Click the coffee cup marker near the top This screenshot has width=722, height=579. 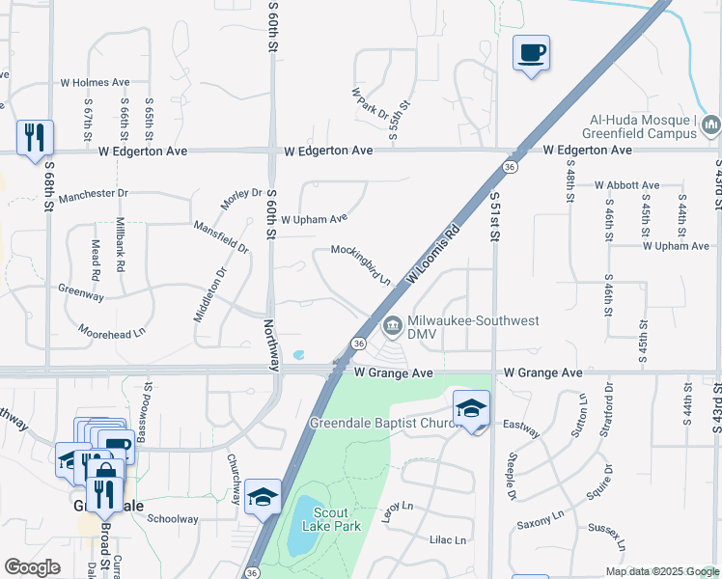(x=531, y=52)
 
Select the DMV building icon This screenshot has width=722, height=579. (x=393, y=325)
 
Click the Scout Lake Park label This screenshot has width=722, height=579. (x=335, y=519)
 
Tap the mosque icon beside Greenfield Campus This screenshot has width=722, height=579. (x=711, y=124)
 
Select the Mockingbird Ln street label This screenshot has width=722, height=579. (x=361, y=263)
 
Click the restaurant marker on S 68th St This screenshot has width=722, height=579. (x=35, y=136)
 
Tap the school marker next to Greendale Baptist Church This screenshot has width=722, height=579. (x=472, y=407)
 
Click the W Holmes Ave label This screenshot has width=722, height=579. (x=95, y=84)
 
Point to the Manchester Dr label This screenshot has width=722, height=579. (x=93, y=195)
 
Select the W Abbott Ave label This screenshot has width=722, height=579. (x=626, y=185)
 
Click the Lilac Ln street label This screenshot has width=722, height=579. (x=447, y=540)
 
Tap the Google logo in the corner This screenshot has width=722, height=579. (x=33, y=567)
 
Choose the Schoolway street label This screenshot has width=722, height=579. (x=173, y=519)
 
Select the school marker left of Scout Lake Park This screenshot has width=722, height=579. (x=263, y=496)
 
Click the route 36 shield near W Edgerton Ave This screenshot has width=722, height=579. (x=508, y=167)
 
